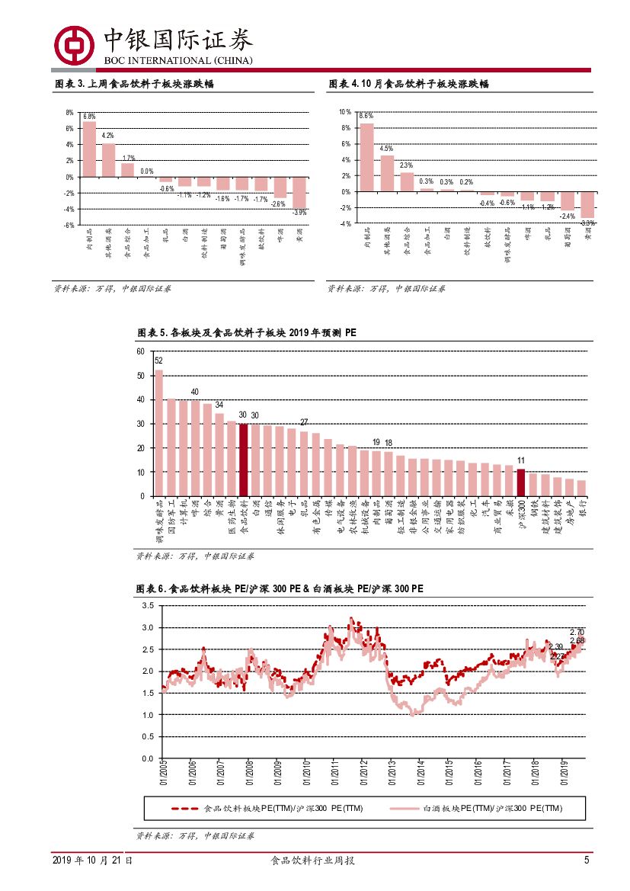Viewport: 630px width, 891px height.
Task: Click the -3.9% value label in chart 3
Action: [x=299, y=212]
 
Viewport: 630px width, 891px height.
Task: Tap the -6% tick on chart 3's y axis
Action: [x=69, y=225]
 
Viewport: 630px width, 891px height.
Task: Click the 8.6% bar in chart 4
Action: [x=367, y=157]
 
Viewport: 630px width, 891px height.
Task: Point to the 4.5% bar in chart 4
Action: [x=387, y=173]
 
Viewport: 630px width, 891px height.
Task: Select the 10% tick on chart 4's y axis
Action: [x=345, y=112]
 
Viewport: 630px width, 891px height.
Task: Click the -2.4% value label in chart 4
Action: [x=567, y=216]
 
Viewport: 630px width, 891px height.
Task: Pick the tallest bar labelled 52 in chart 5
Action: [x=159, y=433]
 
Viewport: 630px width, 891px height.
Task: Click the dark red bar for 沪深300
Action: [x=521, y=482]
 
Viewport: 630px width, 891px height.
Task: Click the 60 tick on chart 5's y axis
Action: [x=140, y=351]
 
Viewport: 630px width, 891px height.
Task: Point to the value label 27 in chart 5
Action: [x=303, y=422]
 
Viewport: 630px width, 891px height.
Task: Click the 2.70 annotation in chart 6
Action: [x=577, y=633]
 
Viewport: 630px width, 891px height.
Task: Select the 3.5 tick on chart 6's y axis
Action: [x=148, y=606]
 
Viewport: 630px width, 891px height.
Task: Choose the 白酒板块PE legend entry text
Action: [x=492, y=808]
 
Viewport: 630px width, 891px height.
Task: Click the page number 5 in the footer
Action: [x=587, y=861]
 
